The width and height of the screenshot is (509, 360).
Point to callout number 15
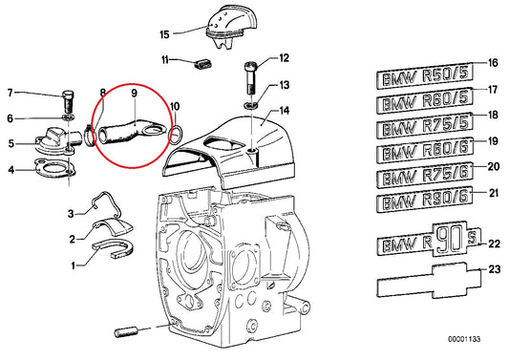[164, 35]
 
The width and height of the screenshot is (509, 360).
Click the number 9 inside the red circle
[134, 95]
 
